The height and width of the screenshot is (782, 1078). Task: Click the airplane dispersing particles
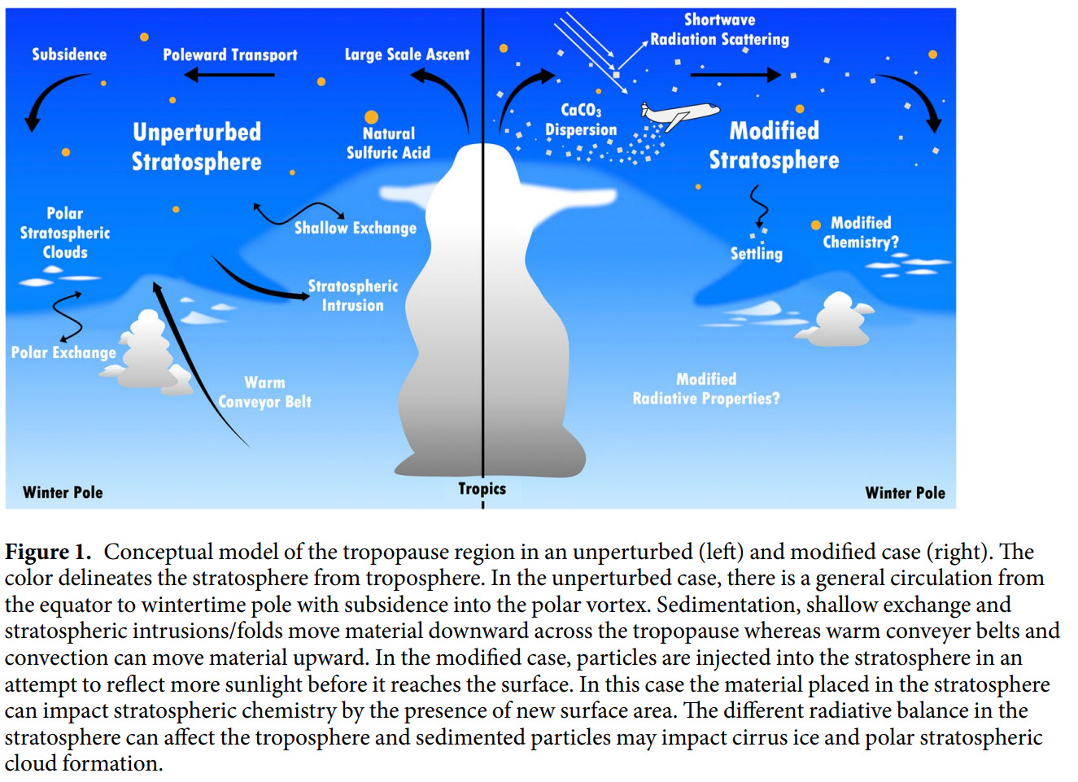point(679,114)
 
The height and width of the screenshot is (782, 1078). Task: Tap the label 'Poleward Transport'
point(230,55)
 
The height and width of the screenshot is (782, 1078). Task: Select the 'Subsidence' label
point(69,55)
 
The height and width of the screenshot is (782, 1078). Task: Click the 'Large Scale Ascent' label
point(407,55)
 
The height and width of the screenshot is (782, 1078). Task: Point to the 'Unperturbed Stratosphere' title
point(197,146)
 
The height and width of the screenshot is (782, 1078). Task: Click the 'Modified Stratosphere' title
point(774,145)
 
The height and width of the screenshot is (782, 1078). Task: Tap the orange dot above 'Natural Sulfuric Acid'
point(371,117)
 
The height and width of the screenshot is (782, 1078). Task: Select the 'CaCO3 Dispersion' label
point(581,120)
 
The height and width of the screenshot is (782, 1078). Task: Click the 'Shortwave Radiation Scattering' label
point(719,29)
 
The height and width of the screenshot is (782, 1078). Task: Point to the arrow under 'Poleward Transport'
point(229,75)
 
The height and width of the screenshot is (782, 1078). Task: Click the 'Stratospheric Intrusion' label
point(352,295)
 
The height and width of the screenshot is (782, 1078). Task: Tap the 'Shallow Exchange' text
point(355,228)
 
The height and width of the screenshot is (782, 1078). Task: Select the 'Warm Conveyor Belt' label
point(265,391)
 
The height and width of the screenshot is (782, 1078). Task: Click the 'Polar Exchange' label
point(63,352)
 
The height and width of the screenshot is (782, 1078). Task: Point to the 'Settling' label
point(756,253)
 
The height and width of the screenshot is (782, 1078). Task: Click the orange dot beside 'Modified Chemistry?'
point(816,225)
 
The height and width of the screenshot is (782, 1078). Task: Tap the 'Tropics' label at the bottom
point(482,488)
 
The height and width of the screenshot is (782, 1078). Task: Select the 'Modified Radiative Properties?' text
point(706,388)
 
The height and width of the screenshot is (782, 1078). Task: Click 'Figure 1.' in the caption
point(47,552)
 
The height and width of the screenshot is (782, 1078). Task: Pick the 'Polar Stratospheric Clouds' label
point(65,233)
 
